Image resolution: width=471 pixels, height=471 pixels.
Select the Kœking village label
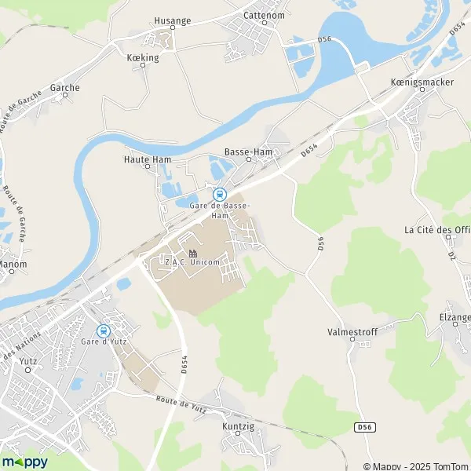(x=142, y=57)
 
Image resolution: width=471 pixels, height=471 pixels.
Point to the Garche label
(x=64, y=88)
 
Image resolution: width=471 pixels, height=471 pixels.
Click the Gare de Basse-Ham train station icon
(x=219, y=194)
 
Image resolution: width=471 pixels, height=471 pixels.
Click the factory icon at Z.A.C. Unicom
(x=192, y=253)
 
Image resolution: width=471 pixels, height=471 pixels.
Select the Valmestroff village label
(x=352, y=332)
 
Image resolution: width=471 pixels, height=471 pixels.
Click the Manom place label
(x=13, y=265)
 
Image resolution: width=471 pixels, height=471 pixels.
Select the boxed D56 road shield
(x=362, y=427)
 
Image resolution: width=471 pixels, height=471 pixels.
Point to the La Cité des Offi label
(x=436, y=230)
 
